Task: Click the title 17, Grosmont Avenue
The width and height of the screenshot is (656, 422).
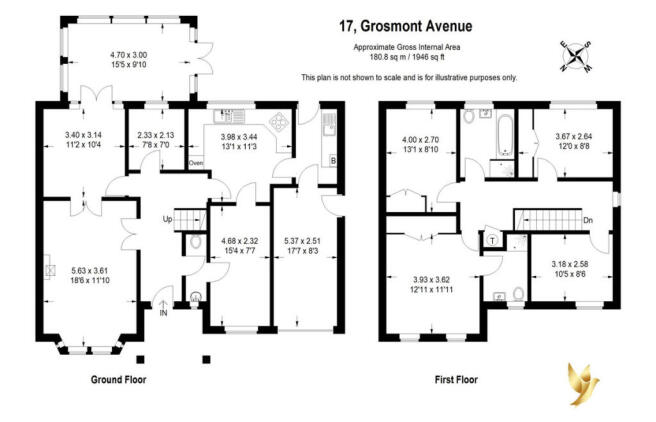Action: coord(405,26)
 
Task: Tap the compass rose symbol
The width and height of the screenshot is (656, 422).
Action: coord(577,56)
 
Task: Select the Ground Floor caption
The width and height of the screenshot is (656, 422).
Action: coord(118,380)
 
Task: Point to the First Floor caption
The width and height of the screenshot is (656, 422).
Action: coord(456,380)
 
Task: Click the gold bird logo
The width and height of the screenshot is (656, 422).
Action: coord(582,384)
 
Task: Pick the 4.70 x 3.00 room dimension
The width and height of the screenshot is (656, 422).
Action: coord(128,55)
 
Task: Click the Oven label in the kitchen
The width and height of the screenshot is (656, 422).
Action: coord(196,163)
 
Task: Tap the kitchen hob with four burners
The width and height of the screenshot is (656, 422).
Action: coord(278,122)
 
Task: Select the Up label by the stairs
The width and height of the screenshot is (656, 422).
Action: coord(167,219)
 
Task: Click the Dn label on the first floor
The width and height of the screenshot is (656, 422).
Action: coord(588,220)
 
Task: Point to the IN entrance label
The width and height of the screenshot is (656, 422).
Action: coord(163,313)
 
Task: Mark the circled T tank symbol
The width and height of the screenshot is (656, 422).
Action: coord(492,240)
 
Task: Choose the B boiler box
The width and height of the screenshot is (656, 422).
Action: coord(333,161)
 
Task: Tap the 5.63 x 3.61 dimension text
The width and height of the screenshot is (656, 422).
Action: coord(90,271)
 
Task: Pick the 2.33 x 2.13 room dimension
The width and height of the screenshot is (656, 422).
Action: coord(156,135)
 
